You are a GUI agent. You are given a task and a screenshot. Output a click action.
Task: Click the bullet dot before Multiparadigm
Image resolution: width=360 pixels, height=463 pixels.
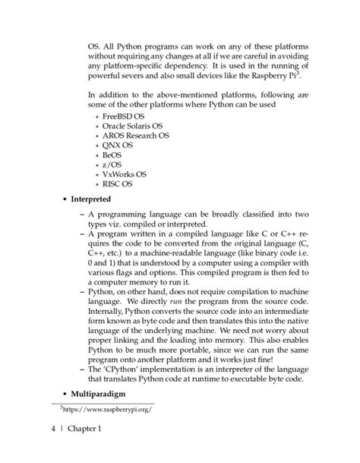tap(62, 395)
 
